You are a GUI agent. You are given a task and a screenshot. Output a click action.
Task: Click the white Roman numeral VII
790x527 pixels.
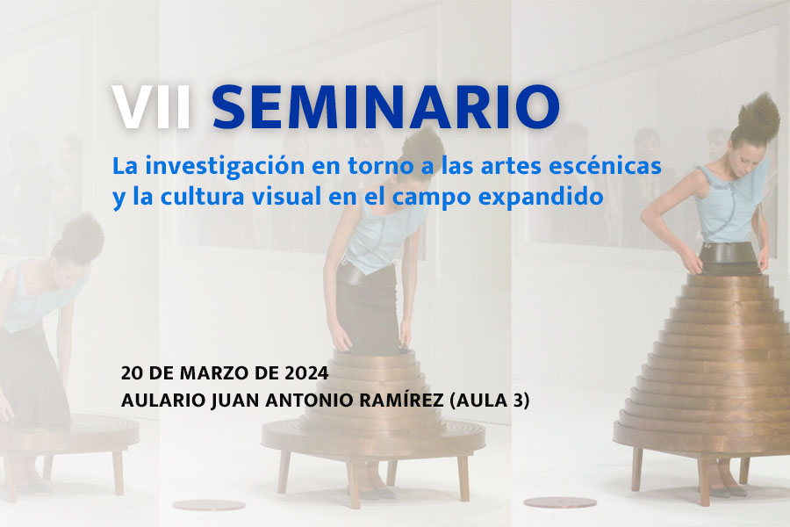tap(152, 107)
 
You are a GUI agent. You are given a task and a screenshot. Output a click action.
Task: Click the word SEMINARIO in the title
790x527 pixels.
tap(385, 107)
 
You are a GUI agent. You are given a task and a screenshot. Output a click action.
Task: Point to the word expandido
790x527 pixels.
tap(541, 197)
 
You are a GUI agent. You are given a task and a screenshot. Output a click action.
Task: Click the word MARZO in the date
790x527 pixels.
tap(214, 373)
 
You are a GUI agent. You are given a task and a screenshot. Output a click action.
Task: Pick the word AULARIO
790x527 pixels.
tap(162, 401)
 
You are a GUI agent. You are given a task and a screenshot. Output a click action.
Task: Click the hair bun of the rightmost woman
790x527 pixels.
tap(758, 119)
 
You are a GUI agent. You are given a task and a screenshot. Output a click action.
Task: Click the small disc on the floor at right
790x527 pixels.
tap(560, 502)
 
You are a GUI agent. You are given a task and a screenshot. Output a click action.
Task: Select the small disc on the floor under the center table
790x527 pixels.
tap(209, 504)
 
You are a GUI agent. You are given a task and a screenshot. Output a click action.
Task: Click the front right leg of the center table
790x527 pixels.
tap(463, 478)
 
